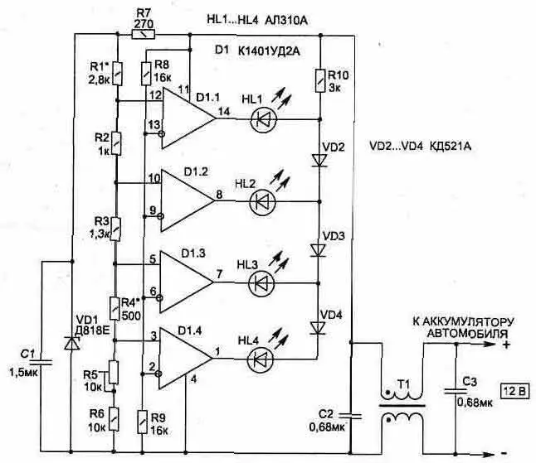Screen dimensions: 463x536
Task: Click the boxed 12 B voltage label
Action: [514, 388]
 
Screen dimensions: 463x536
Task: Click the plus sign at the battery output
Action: [504, 340]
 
